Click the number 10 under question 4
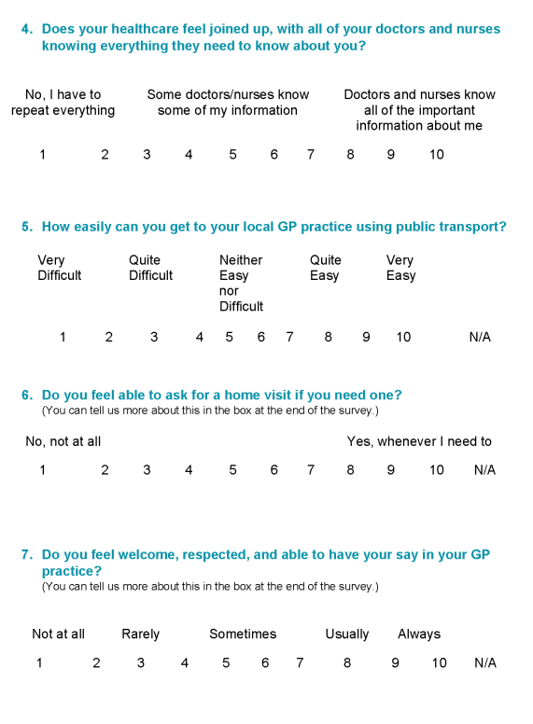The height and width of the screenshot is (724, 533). pyautogui.click(x=437, y=155)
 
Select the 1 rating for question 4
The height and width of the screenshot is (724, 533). pyautogui.click(x=42, y=155)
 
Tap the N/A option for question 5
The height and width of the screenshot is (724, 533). pyautogui.click(x=480, y=337)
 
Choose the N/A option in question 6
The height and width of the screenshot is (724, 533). pyautogui.click(x=484, y=470)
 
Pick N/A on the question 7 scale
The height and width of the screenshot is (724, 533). pyautogui.click(x=485, y=663)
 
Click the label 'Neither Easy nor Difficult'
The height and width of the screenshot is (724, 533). pyautogui.click(x=241, y=283)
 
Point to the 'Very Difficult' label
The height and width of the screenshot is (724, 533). pyautogui.click(x=60, y=268)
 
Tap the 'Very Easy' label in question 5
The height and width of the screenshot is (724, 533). pyautogui.click(x=400, y=268)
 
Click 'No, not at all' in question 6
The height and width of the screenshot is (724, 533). pyautogui.click(x=63, y=441)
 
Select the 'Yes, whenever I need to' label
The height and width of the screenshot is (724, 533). pyautogui.click(x=419, y=441)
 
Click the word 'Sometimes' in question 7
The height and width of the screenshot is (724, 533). pyautogui.click(x=243, y=634)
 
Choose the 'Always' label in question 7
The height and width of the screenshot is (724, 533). pyautogui.click(x=419, y=634)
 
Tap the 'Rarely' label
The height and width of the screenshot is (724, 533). pyautogui.click(x=141, y=634)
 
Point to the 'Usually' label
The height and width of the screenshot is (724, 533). pyautogui.click(x=347, y=634)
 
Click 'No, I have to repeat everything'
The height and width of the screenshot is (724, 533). pyautogui.click(x=63, y=103)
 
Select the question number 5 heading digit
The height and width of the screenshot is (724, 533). pyautogui.click(x=26, y=227)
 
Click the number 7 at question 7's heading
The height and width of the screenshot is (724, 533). pyautogui.click(x=26, y=555)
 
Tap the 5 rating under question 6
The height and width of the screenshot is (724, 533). pyautogui.click(x=232, y=470)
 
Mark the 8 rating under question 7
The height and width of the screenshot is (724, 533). pyautogui.click(x=347, y=663)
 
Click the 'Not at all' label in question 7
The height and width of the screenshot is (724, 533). pyautogui.click(x=58, y=634)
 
